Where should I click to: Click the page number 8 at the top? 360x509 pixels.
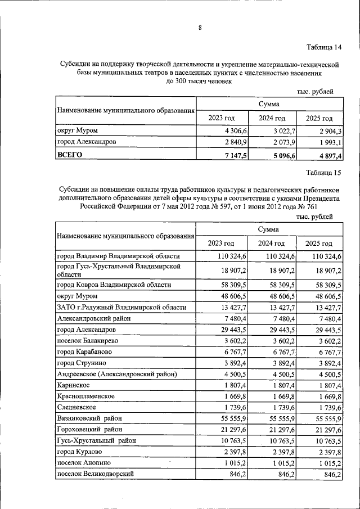(183, 28)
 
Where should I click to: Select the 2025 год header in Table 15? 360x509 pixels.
(319, 244)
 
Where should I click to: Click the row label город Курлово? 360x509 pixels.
(80, 452)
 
